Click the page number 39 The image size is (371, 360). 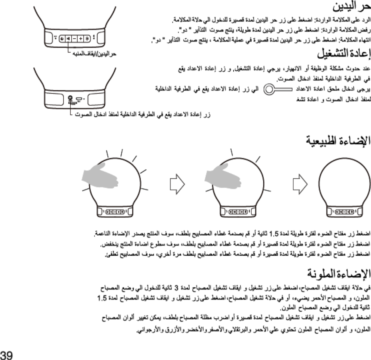(x=6, y=354)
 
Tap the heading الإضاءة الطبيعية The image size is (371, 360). (x=339, y=140)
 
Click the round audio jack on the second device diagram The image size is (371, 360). (x=70, y=98)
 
